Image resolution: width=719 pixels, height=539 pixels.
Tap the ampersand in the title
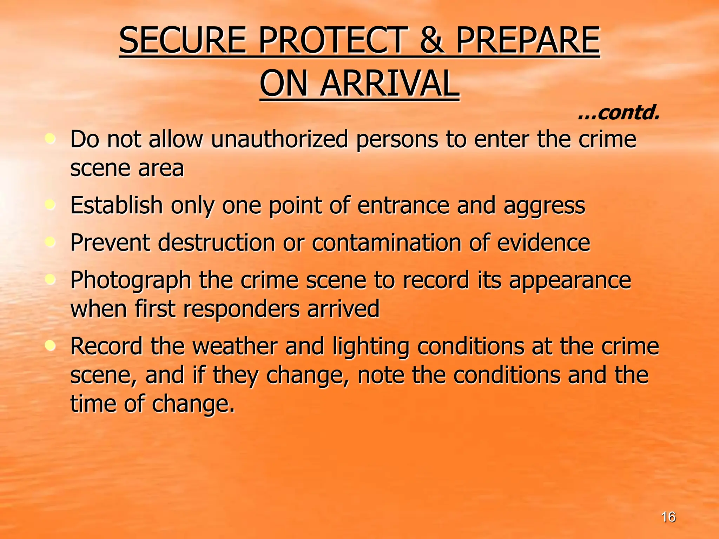click(x=432, y=41)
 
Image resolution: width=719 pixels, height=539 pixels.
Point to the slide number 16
click(x=668, y=517)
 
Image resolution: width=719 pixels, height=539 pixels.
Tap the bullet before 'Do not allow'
click(x=51, y=139)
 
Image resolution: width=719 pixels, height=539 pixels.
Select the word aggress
click(x=544, y=206)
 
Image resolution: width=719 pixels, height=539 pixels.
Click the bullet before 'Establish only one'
click(x=51, y=205)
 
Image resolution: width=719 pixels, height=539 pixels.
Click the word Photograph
click(x=131, y=281)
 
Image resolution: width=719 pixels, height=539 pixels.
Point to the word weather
click(x=235, y=347)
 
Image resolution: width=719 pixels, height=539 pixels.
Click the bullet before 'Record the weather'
click(x=51, y=346)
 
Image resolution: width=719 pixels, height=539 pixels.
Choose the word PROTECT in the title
click(x=333, y=41)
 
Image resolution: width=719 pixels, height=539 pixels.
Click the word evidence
click(x=543, y=243)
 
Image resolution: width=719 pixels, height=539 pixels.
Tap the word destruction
click(x=216, y=243)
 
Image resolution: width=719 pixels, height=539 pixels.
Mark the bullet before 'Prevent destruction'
click(x=51, y=242)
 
